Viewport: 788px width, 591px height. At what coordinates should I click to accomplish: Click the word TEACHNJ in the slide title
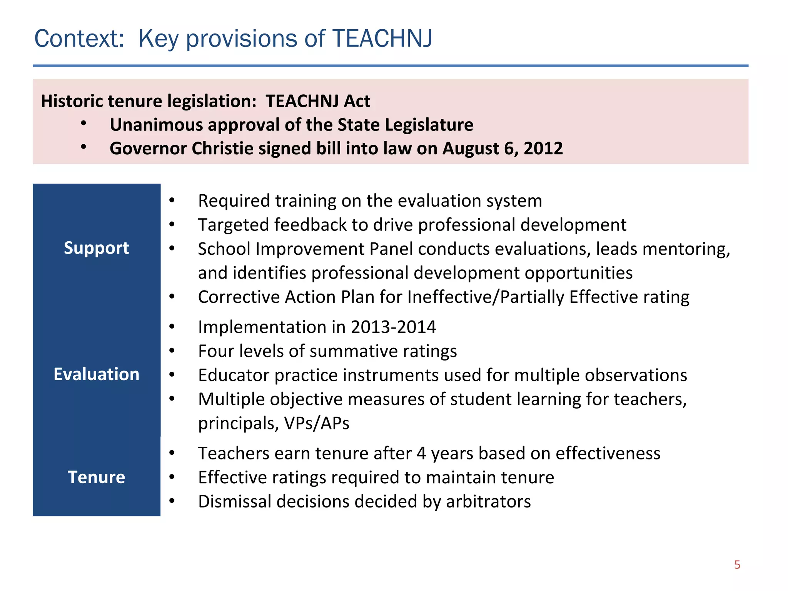[382, 39]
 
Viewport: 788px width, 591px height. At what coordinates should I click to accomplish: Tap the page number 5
[737, 564]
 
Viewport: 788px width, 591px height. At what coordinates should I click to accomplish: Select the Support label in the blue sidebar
[97, 248]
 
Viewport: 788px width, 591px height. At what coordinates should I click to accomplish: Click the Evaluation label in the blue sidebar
[97, 374]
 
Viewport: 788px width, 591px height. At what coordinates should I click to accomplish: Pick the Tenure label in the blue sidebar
[97, 477]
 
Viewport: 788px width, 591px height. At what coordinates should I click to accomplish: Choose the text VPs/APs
[317, 423]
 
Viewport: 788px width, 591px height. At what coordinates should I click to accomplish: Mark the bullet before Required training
[172, 200]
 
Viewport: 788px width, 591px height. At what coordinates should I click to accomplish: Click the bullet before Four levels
[172, 351]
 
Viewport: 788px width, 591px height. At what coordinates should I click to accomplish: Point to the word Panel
[391, 249]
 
